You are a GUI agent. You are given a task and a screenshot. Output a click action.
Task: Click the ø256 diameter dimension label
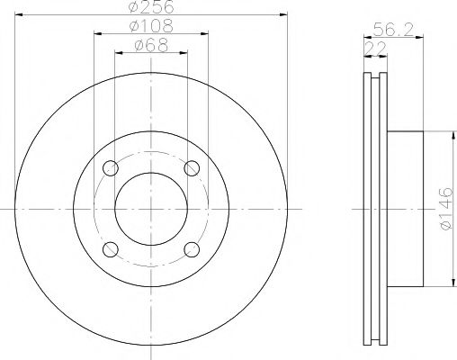151,7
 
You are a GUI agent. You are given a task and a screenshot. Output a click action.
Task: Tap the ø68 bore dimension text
151,45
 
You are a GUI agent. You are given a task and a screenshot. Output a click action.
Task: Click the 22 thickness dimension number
370,46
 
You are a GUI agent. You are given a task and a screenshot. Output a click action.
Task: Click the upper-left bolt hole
110,168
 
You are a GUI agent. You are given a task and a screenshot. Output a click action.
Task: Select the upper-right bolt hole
191,168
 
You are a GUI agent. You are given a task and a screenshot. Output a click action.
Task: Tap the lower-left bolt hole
110,248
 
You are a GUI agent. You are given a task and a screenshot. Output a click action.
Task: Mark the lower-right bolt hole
191,248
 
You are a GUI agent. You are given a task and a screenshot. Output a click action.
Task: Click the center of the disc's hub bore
150,209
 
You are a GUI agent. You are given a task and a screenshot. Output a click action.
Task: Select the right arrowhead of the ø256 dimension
281,16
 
